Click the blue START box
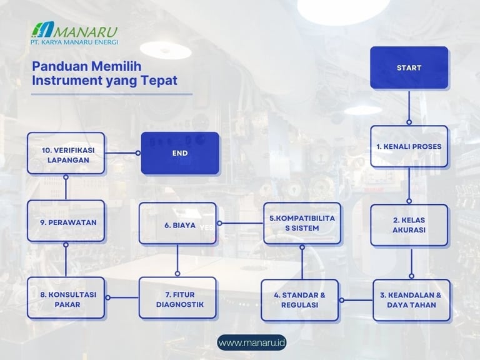(409, 67)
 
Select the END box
(180, 152)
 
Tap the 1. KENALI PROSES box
(409, 146)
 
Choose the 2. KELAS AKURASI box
(409, 225)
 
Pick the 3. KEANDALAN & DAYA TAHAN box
(411, 300)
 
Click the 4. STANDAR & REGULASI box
(300, 300)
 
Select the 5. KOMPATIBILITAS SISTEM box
(302, 223)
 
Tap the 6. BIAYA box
(177, 223)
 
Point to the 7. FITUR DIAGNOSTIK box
(177, 298)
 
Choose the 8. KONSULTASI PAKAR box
(66, 298)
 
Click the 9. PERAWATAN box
(66, 221)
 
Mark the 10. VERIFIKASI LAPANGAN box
(66, 152)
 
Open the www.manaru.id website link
(252, 342)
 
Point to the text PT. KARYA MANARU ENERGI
(74, 42)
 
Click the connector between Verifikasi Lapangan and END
(123, 152)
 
